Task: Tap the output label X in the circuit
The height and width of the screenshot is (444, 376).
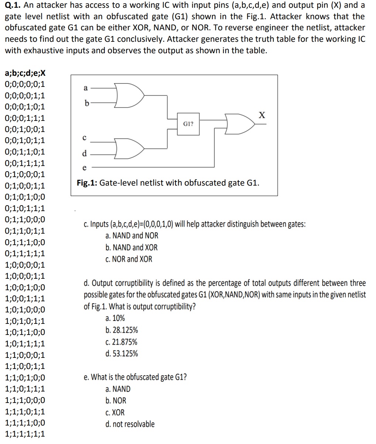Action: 262,115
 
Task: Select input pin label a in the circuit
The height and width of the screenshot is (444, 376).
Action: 85,88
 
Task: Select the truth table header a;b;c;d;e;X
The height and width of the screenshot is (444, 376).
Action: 25,73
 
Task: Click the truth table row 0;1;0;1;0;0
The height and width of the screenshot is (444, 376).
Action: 25,197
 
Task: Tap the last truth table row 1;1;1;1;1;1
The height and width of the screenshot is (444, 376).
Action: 25,434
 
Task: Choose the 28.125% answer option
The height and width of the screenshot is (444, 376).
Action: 122,330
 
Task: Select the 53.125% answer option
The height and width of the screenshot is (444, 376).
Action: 122,354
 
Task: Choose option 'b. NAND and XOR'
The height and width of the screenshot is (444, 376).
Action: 131,247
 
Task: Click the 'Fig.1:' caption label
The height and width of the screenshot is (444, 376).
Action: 87,183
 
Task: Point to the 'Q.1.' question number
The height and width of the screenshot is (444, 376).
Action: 13,6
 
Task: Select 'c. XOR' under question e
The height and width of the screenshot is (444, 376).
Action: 115,412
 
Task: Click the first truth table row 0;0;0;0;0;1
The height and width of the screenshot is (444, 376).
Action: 25,84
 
